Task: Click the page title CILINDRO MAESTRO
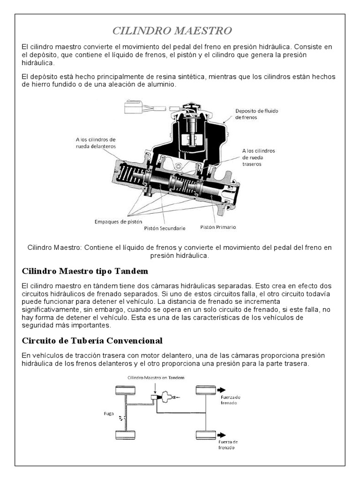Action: [172, 31]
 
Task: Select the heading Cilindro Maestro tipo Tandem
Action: [85, 271]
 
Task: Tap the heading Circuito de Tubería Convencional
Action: [92, 340]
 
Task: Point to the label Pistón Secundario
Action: [165, 228]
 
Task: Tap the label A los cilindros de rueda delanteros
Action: [96, 142]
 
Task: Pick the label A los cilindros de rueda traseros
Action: [258, 157]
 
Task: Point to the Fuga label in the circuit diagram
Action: [109, 413]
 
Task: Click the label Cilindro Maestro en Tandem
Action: [156, 377]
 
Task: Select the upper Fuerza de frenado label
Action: [230, 400]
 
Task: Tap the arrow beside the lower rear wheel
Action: [221, 435]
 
